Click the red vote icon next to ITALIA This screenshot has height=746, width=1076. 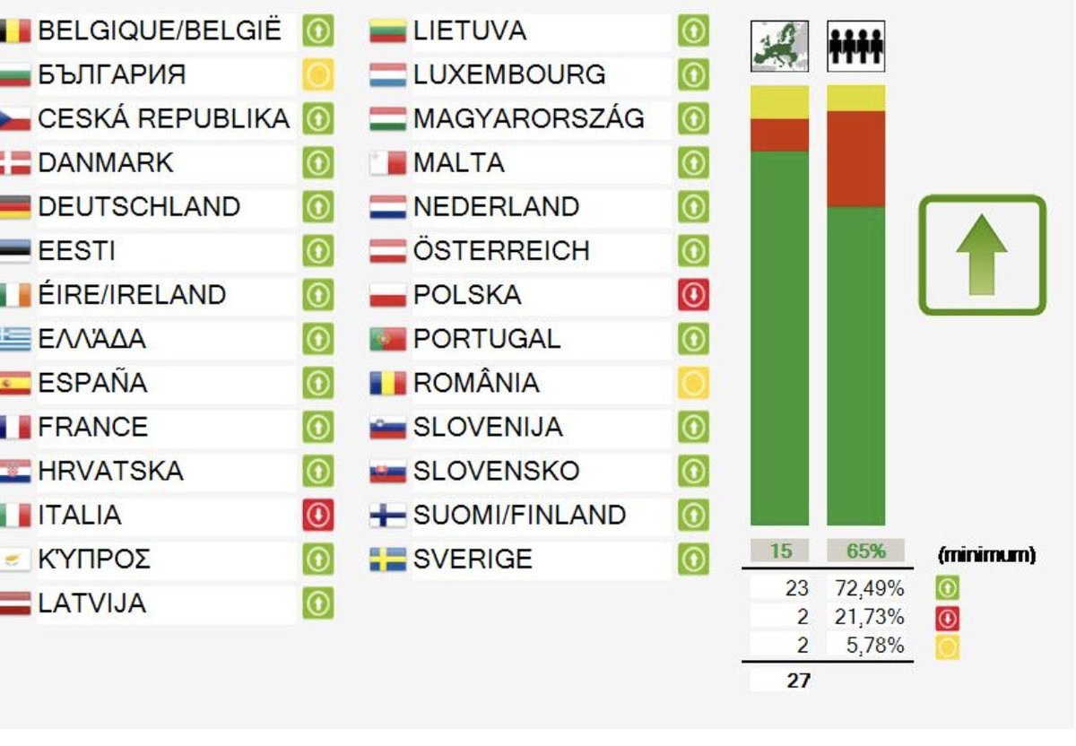[318, 516]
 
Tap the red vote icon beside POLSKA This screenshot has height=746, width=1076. [693, 295]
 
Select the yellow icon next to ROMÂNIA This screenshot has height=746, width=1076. [693, 384]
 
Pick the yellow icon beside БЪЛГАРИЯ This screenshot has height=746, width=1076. [318, 74]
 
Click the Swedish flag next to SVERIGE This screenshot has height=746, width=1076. [387, 559]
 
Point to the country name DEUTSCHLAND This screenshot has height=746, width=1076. [139, 207]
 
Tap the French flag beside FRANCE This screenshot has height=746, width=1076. [15, 428]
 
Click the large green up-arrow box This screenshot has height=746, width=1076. [982, 256]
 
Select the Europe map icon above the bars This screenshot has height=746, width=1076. [779, 47]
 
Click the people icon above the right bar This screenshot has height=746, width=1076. [855, 47]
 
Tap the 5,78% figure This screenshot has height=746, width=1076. [875, 645]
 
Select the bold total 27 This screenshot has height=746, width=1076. [798, 681]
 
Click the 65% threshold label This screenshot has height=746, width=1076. [865, 551]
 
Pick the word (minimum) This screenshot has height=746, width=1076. [986, 555]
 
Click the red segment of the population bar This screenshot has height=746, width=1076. [855, 159]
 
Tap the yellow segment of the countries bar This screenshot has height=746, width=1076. [779, 102]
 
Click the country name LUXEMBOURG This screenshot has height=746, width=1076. [509, 74]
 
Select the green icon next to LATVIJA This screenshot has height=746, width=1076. [318, 603]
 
